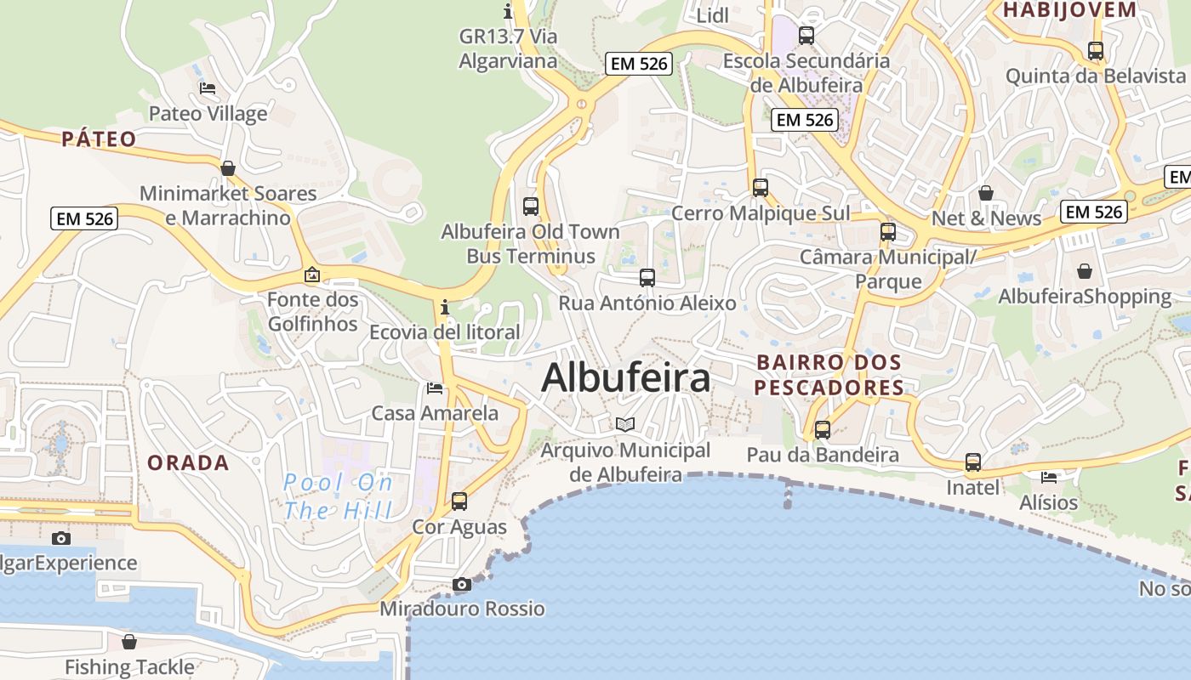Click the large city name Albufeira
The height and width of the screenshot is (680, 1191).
(x=625, y=377)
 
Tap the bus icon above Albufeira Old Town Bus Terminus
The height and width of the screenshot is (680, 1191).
(x=531, y=206)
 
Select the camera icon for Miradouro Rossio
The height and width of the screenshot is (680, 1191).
(x=462, y=584)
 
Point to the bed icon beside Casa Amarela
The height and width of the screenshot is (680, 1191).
(x=435, y=388)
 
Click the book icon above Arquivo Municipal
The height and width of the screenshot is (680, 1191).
(x=625, y=423)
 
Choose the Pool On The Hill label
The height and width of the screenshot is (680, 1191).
(x=338, y=497)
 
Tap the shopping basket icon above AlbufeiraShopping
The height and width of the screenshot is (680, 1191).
(x=1085, y=271)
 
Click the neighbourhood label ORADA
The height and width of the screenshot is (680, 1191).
(x=188, y=463)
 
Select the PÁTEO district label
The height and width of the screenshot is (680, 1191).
(x=99, y=139)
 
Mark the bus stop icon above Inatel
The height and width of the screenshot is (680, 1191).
(x=973, y=462)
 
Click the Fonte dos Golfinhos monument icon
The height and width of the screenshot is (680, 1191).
(x=312, y=275)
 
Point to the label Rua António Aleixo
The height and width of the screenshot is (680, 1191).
(x=647, y=303)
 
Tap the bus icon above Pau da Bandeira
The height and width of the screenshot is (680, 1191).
(x=823, y=429)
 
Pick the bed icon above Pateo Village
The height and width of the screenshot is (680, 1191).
(x=208, y=88)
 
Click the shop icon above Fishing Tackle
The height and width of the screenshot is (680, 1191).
(x=129, y=641)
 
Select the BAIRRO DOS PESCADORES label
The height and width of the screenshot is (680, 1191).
(x=829, y=375)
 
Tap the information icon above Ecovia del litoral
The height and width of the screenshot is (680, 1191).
(x=444, y=307)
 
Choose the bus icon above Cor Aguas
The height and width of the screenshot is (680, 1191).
(x=459, y=501)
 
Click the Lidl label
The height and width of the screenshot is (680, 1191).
(x=713, y=16)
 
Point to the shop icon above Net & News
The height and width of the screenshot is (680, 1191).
(x=986, y=193)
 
